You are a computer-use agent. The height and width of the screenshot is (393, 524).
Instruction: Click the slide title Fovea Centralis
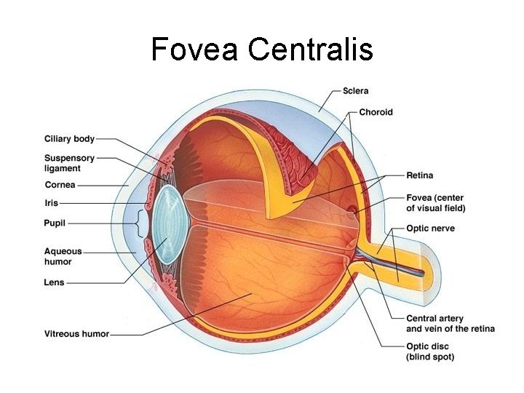pyautogui.click(x=262, y=49)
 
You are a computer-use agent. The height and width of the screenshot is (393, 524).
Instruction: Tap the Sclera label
pyautogui.click(x=355, y=91)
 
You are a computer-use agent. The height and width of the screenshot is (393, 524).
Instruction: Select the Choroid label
pyautogui.click(x=376, y=112)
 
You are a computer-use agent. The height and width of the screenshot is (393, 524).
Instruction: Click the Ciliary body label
pyautogui.click(x=69, y=138)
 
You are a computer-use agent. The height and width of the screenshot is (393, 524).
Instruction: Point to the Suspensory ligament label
pyautogui.click(x=69, y=163)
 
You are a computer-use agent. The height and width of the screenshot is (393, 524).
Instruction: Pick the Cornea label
pyautogui.click(x=60, y=185)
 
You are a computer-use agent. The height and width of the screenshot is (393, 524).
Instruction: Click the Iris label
pyautogui.click(x=51, y=203)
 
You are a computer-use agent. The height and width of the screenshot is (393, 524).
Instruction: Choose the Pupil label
pyautogui.click(x=55, y=223)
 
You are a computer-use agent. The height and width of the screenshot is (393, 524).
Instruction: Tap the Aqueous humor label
pyautogui.click(x=63, y=256)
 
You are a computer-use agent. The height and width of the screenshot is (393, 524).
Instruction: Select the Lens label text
pyautogui.click(x=54, y=282)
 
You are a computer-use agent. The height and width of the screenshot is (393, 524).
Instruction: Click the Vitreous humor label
pyautogui.click(x=76, y=334)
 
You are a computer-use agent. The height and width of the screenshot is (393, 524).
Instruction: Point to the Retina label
pyautogui.click(x=419, y=175)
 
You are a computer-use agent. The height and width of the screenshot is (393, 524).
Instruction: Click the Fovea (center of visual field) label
pyautogui.click(x=435, y=203)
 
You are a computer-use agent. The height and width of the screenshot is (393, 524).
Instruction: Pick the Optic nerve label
pyautogui.click(x=430, y=229)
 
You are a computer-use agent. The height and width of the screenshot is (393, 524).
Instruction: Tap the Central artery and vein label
pyautogui.click(x=450, y=323)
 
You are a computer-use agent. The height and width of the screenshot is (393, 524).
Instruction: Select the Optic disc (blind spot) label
pyautogui.click(x=430, y=352)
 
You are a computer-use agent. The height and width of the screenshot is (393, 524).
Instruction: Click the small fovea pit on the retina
pyautogui.click(x=353, y=212)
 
